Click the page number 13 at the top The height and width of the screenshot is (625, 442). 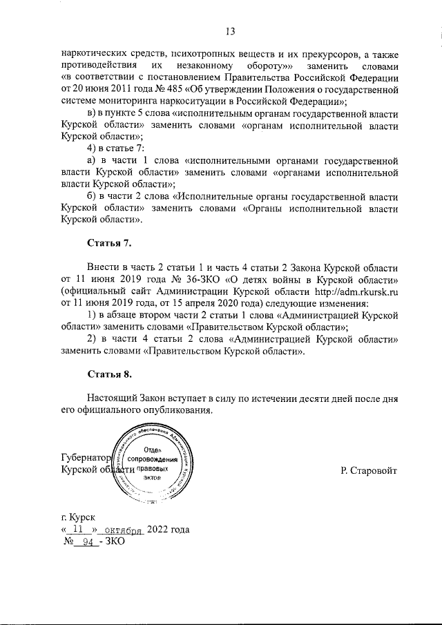coord(230,31)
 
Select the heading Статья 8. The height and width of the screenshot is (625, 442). coord(109,374)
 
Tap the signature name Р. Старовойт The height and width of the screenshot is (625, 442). coord(369,470)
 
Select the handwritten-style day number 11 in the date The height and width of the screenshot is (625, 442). coord(77,530)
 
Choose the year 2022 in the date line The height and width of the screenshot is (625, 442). coord(157,530)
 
